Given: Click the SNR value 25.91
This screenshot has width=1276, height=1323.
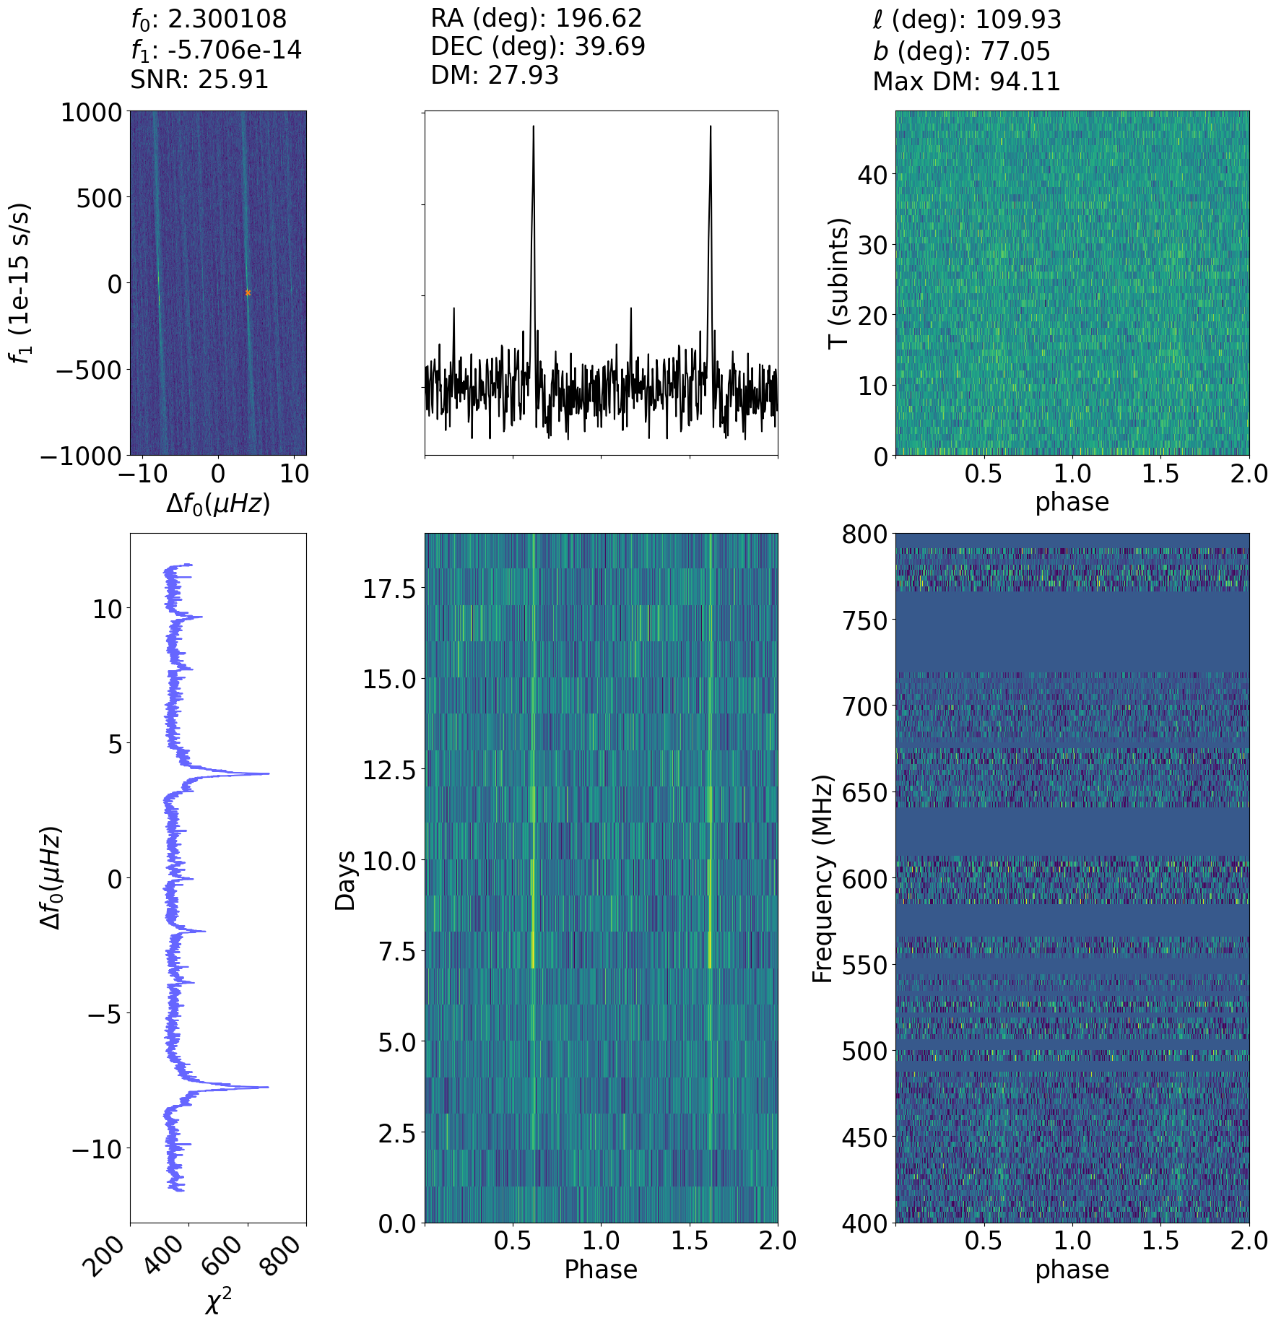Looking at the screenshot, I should coord(233,79).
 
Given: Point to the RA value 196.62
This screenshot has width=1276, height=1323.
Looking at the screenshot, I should coord(596,18).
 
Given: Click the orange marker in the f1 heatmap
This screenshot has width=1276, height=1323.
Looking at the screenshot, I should coord(248,292).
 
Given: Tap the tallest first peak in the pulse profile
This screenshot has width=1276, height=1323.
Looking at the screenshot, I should coord(534,127).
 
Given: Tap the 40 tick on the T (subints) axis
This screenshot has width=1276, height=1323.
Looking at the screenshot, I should coord(872,174).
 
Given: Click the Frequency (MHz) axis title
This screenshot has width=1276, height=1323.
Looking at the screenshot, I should coord(823,878).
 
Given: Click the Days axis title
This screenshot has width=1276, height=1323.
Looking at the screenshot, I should coord(346,880).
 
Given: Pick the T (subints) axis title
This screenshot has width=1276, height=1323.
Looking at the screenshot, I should coord(838,283).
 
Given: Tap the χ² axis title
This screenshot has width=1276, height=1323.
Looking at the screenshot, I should coord(218,1301).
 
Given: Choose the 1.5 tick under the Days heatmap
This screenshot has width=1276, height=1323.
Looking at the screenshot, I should coord(690,1241).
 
